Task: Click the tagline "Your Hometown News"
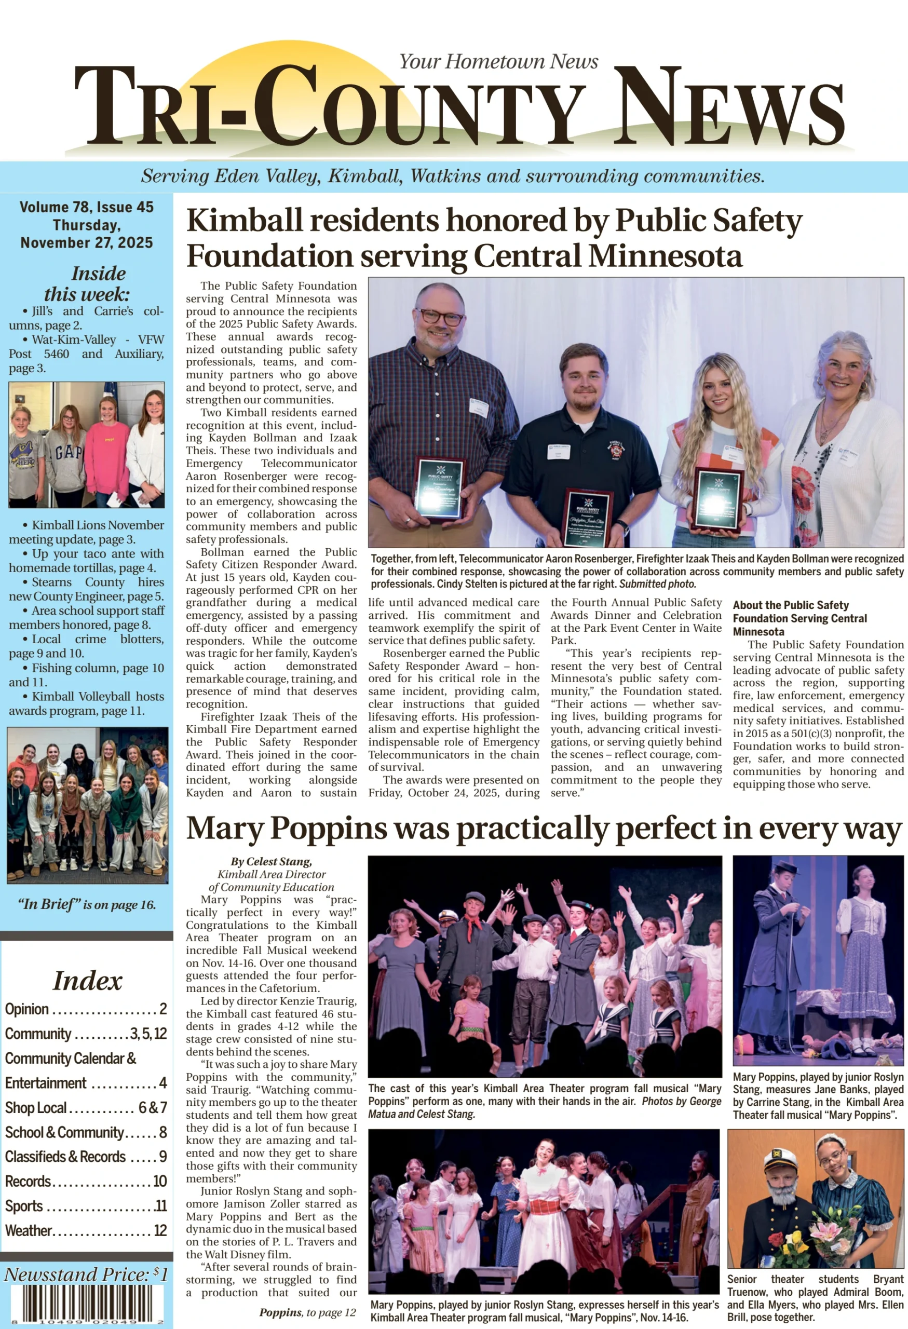click(x=498, y=61)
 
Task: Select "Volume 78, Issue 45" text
click(x=86, y=207)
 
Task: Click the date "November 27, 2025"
click(x=86, y=242)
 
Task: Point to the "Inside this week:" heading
click(x=87, y=283)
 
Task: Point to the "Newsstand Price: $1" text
click(x=86, y=1274)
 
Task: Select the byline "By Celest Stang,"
click(x=271, y=862)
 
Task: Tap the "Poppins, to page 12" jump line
click(x=307, y=1312)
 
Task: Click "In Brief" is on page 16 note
click(x=86, y=905)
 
